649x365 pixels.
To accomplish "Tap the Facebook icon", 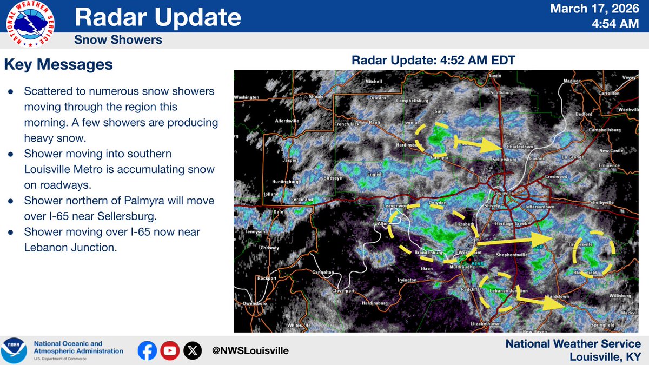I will point(147,351).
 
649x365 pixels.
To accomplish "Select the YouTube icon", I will point(170,351).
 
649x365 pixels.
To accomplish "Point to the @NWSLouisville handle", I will point(250,351).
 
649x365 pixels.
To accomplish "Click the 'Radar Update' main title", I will point(157,17).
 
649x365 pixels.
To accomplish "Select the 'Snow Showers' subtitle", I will point(118,40).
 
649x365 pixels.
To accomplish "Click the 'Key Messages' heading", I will point(58,65).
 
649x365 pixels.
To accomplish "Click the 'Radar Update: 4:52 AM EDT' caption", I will point(433,60).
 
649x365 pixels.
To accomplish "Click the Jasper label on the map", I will point(290,160).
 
